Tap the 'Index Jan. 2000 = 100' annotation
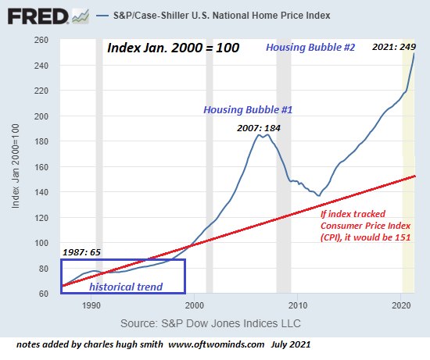[x=173, y=48]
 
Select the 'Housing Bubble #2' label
[x=310, y=48]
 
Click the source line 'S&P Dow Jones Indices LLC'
[x=211, y=323]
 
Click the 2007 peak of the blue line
[x=260, y=135]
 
